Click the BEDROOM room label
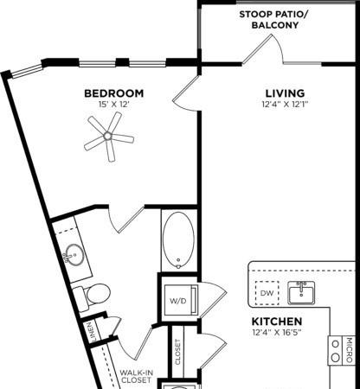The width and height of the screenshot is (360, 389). pos(114,93)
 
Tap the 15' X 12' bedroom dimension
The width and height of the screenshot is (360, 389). pos(113,105)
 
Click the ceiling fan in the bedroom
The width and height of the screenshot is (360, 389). pos(109,137)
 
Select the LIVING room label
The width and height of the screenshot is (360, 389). pos(285,93)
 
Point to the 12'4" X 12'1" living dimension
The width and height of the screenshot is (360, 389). pos(285,105)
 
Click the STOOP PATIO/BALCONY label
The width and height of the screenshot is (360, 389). pos(273,20)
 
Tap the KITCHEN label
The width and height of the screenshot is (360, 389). pos(277,322)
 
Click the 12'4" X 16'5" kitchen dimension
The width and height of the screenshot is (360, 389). pos(277,333)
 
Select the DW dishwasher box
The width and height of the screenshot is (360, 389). pos(267,293)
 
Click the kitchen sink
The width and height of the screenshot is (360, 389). pos(301,293)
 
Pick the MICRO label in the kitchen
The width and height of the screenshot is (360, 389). pos(350,350)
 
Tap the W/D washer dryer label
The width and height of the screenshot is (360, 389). pos(178,301)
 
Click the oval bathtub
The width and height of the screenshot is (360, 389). pos(178,240)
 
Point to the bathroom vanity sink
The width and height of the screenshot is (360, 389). pos(74,254)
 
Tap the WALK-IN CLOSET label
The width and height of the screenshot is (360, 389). pos(136,376)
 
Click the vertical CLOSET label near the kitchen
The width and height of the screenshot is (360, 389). pos(177,352)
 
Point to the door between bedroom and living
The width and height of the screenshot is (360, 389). pos(185,92)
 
